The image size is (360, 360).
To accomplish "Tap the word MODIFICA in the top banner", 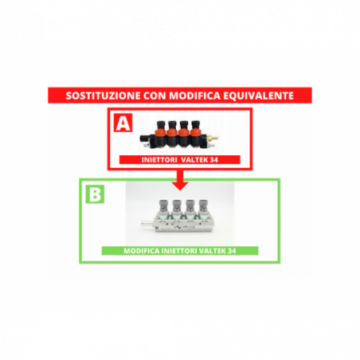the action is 194,96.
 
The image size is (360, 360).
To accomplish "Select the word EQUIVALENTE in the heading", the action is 258,96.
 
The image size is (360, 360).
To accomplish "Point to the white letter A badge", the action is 123,123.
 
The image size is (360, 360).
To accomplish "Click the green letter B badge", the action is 95,194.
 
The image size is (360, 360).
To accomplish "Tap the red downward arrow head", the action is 180,186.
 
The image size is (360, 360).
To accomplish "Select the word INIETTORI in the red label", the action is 159,160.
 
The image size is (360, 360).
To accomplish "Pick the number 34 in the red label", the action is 214,160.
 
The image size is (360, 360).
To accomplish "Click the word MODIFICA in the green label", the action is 141,251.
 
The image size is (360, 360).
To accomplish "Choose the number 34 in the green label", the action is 232,251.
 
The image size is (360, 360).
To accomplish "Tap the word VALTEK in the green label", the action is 213,251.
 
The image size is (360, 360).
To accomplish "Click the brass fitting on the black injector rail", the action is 213,139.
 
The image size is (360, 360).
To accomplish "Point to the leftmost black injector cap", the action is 161,124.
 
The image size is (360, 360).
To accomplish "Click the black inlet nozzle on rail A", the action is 144,138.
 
